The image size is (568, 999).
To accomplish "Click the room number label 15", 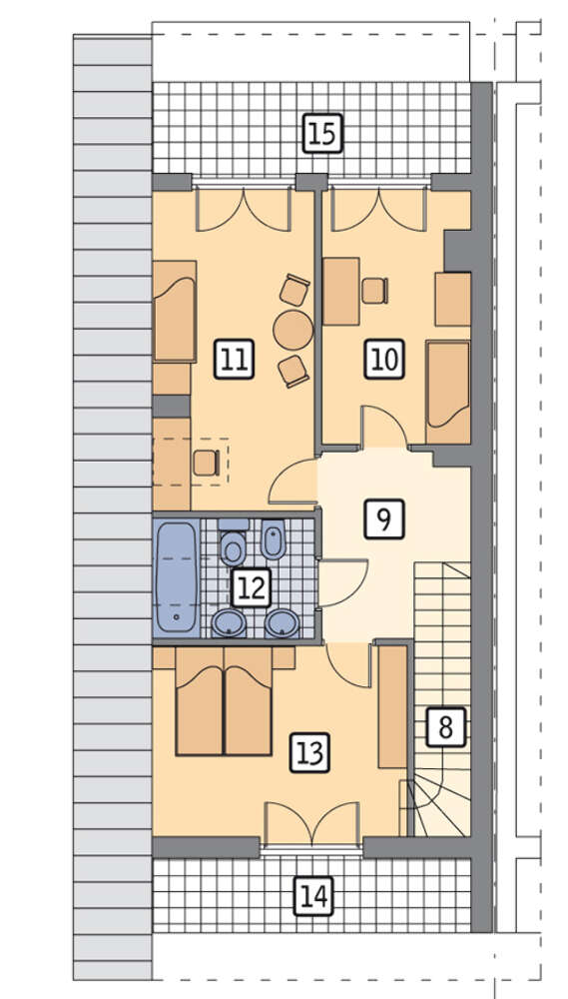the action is coord(322,134).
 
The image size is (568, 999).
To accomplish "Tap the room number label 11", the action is coord(235,360).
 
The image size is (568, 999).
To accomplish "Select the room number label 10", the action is coord(384,360).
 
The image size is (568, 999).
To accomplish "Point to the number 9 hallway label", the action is coord(384,518).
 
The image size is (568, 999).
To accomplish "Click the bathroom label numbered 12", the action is coord(252,586).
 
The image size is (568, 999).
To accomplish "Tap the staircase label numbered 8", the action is coord(445,727).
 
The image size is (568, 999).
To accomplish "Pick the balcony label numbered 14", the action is coord(313,896).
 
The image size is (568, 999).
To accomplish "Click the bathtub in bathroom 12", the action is coord(177,578).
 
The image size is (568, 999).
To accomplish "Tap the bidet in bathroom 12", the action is coord(274,539).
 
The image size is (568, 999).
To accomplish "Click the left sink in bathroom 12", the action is coord(230,623).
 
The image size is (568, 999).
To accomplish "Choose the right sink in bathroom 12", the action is coord(283,623).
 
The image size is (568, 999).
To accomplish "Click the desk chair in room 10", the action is coord(375,291).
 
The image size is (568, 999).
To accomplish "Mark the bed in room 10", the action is coord(448,393).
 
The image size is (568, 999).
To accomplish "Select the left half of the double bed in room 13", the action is coord(200,701).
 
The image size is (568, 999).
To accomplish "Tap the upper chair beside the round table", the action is coord(294,290).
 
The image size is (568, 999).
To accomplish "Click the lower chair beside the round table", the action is coord(293,371).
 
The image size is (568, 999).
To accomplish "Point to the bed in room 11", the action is coord(175,312).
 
